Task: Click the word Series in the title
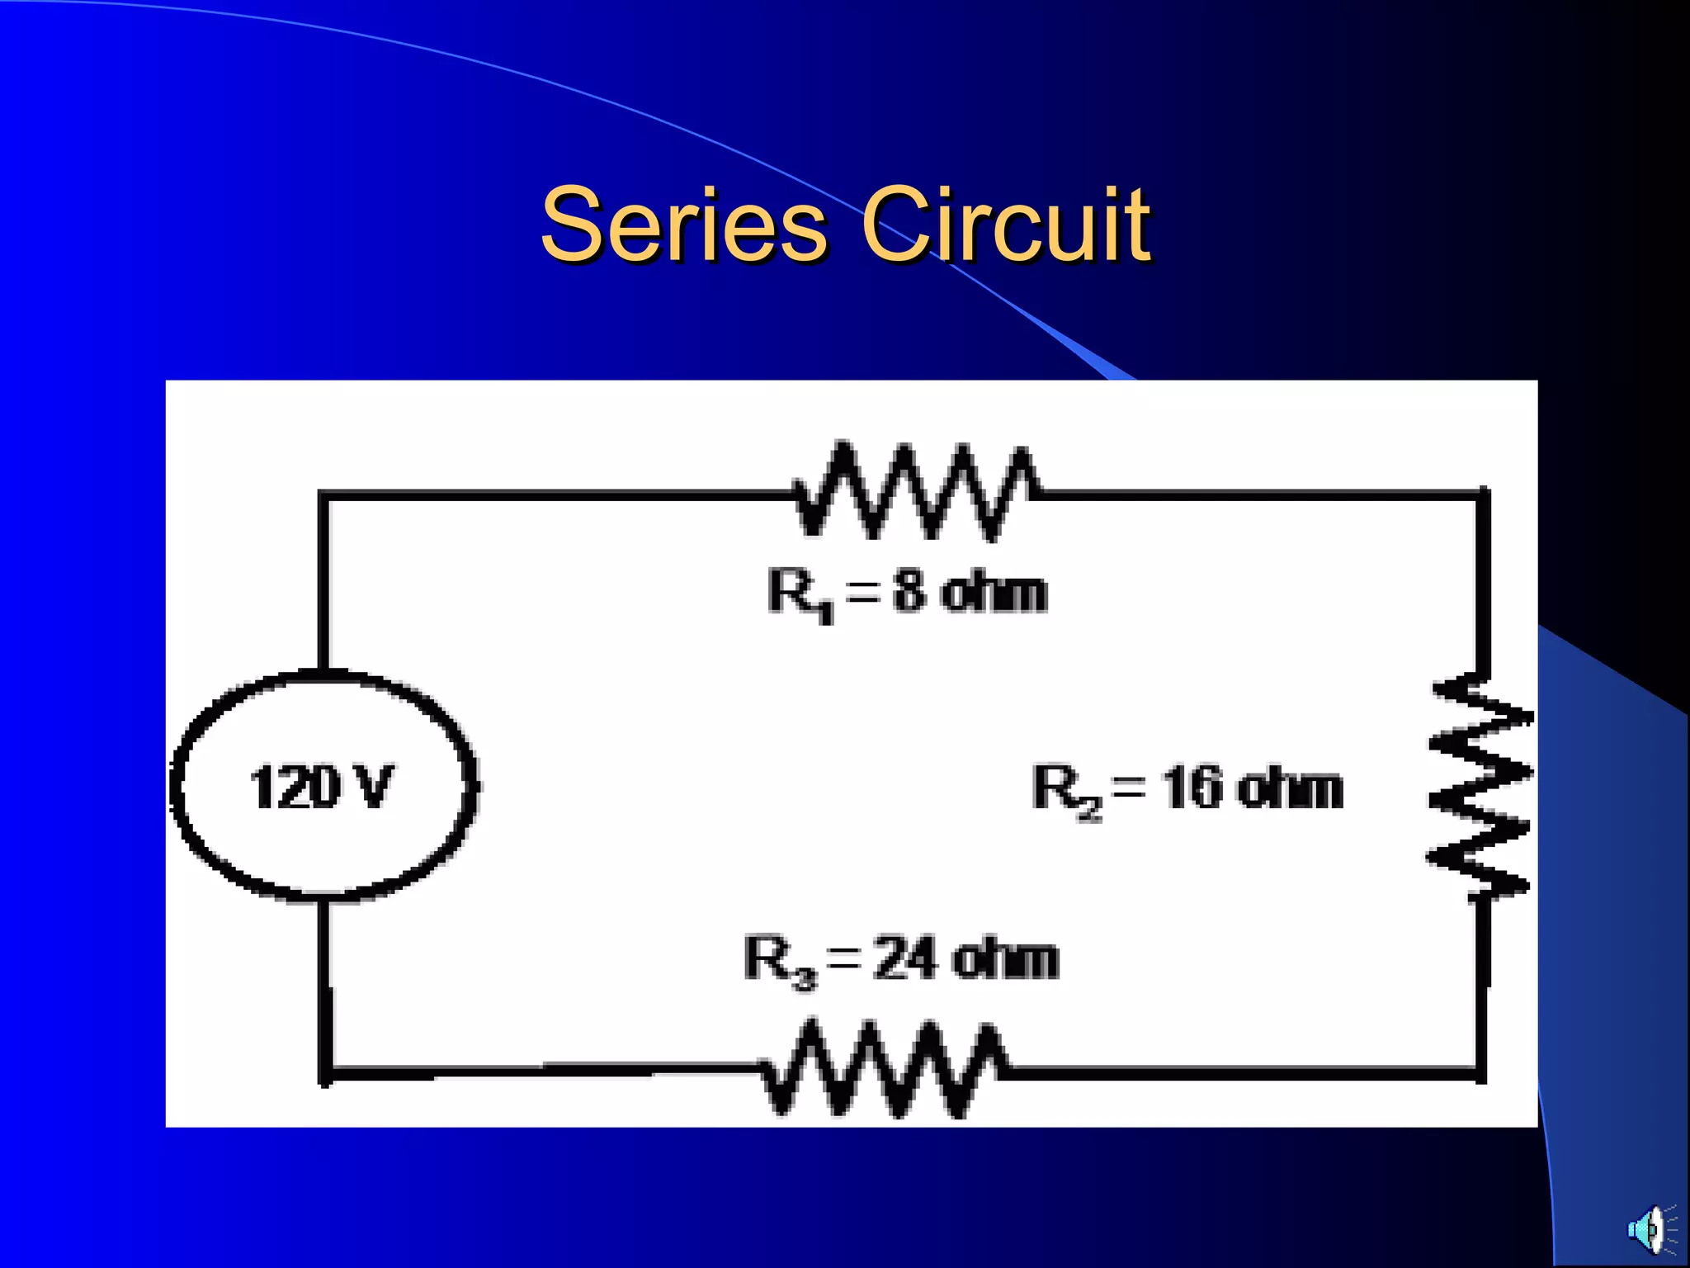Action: click(683, 225)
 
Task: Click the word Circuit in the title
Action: click(1005, 225)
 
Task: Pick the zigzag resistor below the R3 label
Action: click(883, 1070)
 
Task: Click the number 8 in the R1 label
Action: click(909, 592)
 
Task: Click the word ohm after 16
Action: click(1291, 788)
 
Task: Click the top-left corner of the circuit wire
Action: click(324, 495)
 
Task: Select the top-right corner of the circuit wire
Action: click(1483, 495)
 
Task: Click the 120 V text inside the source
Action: click(322, 787)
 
